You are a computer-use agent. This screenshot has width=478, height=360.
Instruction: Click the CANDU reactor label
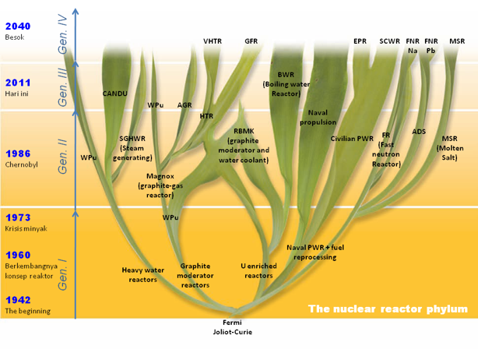(115, 94)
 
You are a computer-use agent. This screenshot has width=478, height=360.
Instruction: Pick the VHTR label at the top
(213, 41)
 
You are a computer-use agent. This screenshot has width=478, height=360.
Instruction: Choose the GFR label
(251, 41)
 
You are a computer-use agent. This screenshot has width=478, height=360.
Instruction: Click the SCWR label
(388, 41)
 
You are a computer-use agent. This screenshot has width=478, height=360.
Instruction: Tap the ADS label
(419, 132)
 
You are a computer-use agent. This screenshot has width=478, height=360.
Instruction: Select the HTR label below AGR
(206, 116)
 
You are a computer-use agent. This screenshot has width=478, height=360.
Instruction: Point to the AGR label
(185, 104)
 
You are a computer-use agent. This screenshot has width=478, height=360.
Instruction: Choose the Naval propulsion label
(318, 117)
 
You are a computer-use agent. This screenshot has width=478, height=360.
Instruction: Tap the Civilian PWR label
(352, 139)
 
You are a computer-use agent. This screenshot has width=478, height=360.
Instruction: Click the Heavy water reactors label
(140, 274)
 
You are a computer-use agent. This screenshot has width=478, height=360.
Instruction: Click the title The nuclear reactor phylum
(388, 309)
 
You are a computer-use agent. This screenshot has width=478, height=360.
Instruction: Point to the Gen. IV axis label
(65, 35)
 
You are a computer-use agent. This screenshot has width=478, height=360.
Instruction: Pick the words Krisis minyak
(26, 229)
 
